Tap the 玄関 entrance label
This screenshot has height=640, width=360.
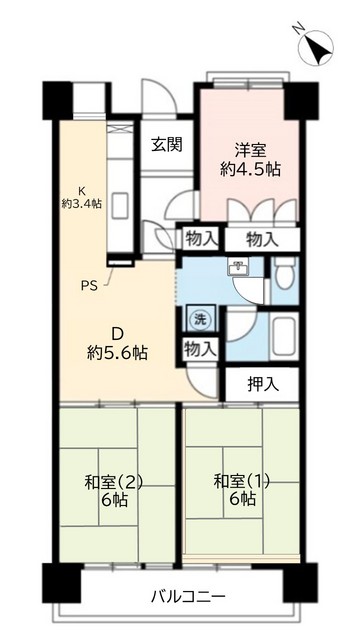click(166, 144)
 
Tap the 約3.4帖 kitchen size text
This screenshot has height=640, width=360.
click(84, 203)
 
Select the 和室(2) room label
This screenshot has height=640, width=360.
click(115, 482)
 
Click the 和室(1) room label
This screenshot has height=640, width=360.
click(242, 482)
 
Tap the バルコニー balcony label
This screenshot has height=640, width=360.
click(180, 597)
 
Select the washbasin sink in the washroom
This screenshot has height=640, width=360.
click(239, 268)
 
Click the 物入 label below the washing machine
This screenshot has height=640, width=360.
click(198, 349)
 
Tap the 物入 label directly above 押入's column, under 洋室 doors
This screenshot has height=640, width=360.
click(261, 239)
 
